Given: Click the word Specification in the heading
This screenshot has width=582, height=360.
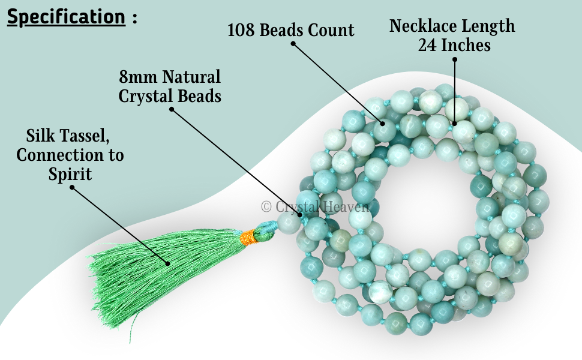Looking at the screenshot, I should [x=65, y=17].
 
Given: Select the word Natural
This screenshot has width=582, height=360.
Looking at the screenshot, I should [x=191, y=77].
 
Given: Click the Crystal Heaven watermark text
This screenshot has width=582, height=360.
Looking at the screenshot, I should [x=316, y=206].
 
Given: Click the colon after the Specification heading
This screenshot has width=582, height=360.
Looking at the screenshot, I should [x=134, y=18].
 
